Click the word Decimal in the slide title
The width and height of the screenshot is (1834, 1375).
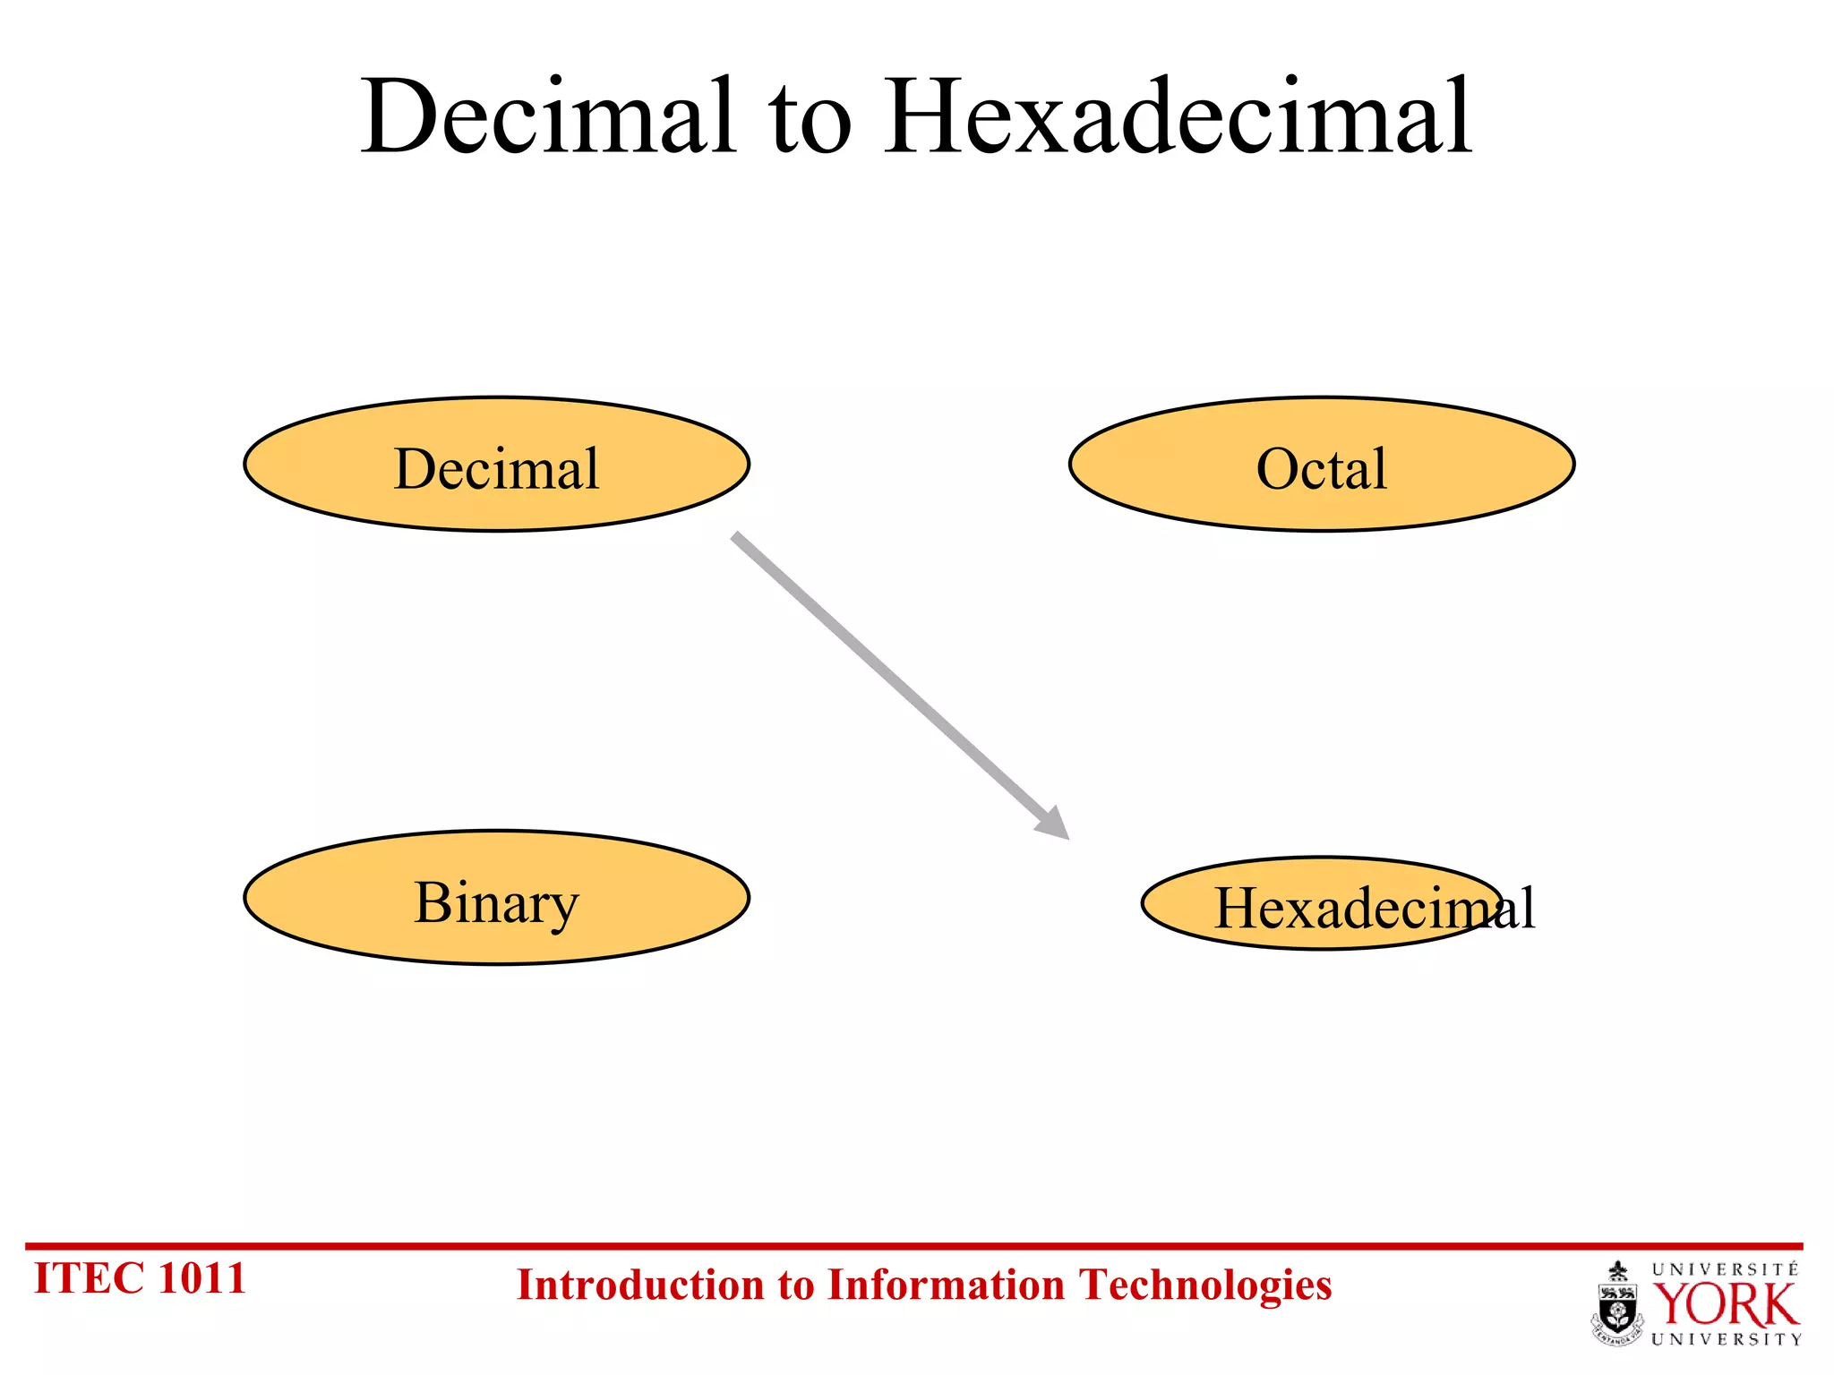548,116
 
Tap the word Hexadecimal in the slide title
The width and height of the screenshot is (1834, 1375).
1178,116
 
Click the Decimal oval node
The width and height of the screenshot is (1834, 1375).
496,465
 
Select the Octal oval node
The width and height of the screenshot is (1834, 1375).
1321,465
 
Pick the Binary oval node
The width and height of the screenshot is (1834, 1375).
496,898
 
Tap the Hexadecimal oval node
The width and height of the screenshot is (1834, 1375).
1322,904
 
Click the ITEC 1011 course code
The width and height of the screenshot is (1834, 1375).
139,1278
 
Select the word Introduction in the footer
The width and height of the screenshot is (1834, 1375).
641,1285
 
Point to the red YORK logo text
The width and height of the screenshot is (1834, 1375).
1725,1305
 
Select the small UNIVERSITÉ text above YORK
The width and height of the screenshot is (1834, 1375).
1725,1269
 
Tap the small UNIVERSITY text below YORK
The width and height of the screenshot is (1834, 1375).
1726,1340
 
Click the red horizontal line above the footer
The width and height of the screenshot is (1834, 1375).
913,1245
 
